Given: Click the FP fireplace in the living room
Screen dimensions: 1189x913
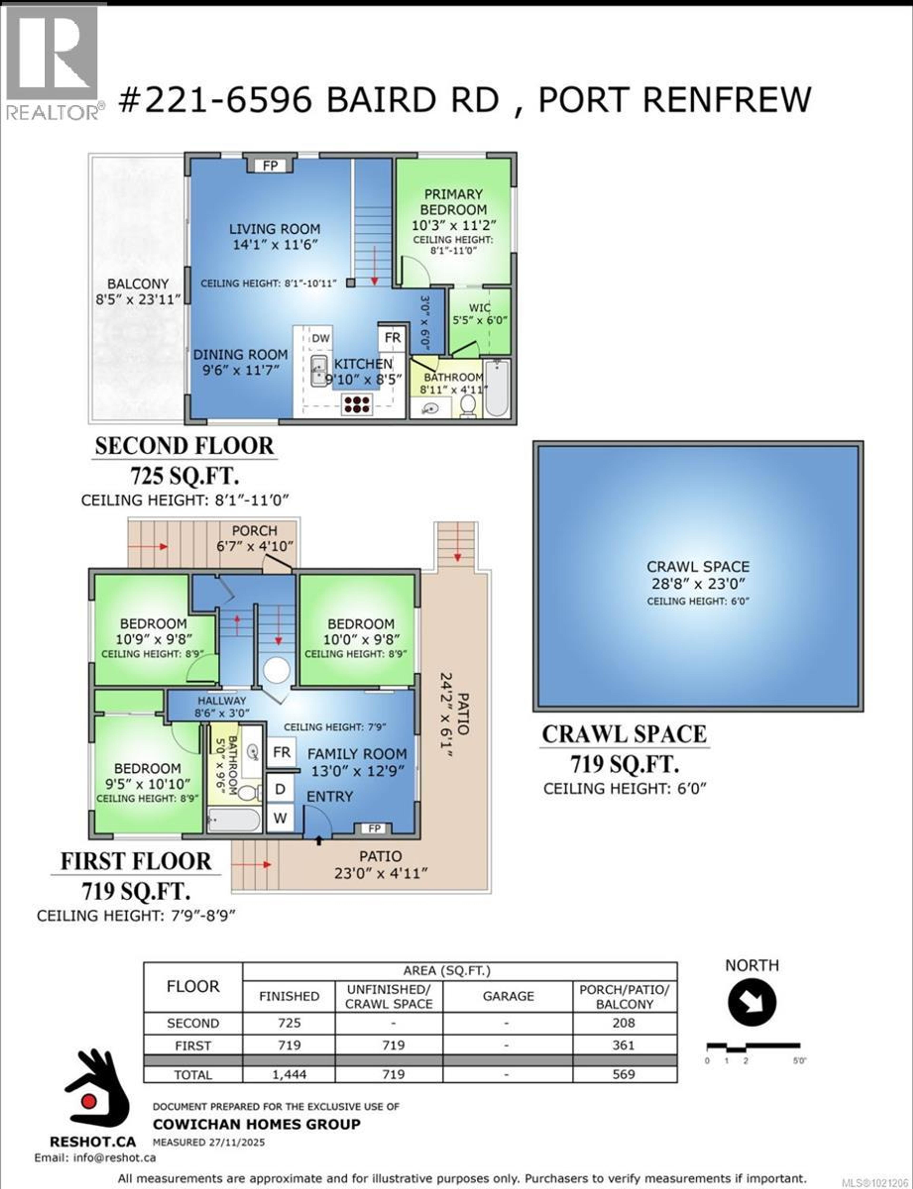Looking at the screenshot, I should click(x=270, y=165).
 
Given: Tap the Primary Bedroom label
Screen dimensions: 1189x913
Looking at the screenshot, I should click(x=453, y=202).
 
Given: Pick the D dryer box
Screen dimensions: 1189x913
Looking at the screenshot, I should click(x=280, y=789).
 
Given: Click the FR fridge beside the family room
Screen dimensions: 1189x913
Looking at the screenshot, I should click(x=282, y=752).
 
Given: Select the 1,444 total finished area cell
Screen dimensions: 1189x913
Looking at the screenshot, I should click(x=289, y=1074).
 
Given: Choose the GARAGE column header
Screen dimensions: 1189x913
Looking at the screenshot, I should click(x=508, y=996).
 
